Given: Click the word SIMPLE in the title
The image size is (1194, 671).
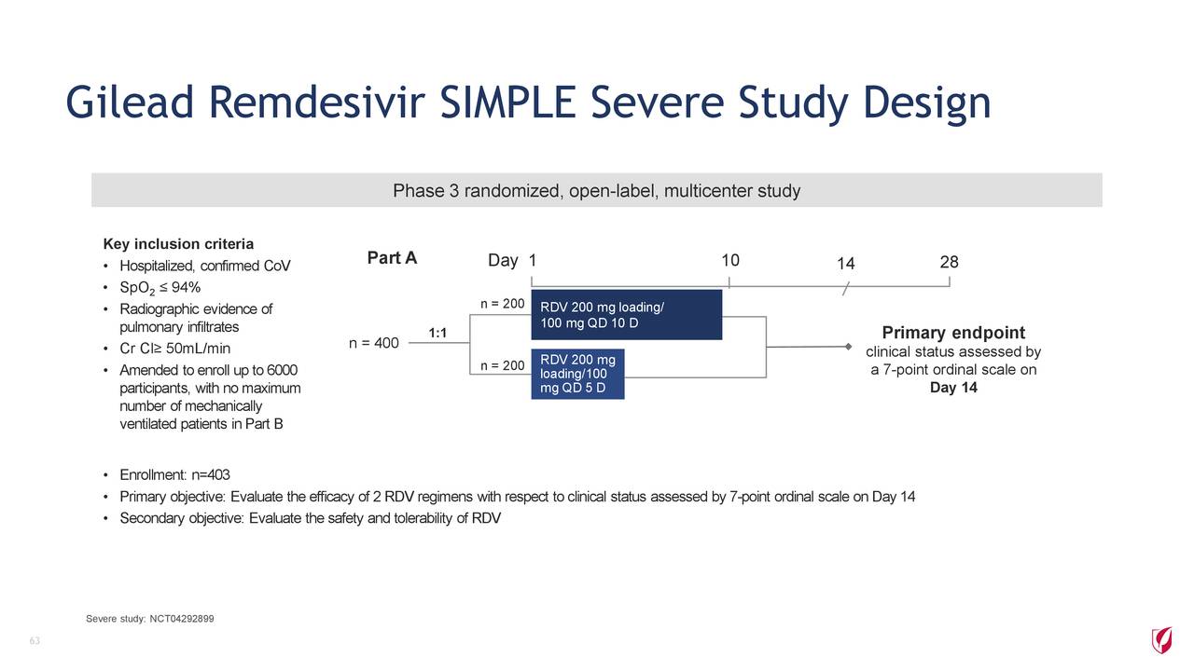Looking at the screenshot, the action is (x=507, y=103).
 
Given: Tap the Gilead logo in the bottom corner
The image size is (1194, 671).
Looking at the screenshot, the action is (x=1161, y=639).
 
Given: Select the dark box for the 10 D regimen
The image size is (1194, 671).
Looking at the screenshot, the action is (x=626, y=315).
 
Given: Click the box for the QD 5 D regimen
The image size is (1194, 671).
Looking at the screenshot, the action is (x=577, y=374).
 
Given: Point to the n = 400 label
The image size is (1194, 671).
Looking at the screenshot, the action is (x=374, y=343).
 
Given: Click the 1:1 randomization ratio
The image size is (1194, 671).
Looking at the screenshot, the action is (x=437, y=333).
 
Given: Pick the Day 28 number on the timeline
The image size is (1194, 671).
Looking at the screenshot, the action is (x=949, y=262).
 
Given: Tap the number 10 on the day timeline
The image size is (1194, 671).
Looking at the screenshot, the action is (x=730, y=260).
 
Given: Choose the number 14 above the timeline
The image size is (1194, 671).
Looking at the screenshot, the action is (x=846, y=264).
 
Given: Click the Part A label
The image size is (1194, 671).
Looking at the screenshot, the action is (x=392, y=258).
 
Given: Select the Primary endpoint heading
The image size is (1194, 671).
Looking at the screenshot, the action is (x=953, y=333).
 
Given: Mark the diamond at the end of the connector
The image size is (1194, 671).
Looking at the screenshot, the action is (x=848, y=347).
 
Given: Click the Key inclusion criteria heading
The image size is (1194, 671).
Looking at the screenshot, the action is (x=178, y=244).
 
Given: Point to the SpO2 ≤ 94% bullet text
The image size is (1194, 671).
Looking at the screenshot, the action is (x=160, y=288).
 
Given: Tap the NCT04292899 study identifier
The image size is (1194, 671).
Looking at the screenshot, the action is (x=182, y=619).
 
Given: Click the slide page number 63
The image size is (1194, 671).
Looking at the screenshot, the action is (x=35, y=640).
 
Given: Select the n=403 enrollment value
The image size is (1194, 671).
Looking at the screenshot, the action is (x=211, y=474).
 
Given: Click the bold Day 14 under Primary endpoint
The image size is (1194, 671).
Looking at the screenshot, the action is (x=953, y=387).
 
